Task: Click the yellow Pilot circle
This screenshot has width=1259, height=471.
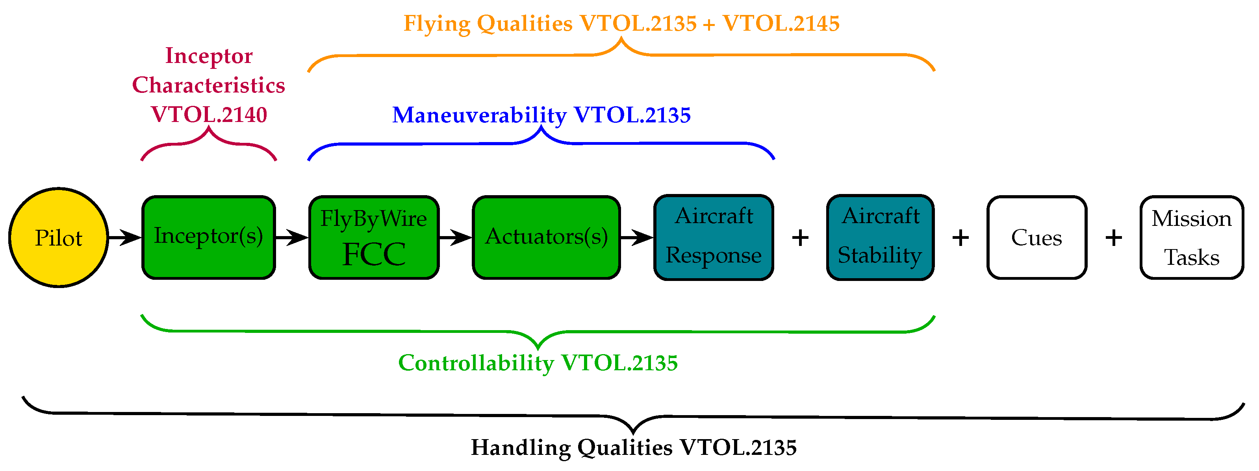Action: [x=59, y=237]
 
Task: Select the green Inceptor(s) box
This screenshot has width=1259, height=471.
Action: [x=209, y=237]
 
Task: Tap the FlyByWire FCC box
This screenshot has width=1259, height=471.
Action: [x=374, y=237]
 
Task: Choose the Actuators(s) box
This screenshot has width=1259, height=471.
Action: [x=547, y=237]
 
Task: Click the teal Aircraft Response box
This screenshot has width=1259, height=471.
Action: [x=714, y=237]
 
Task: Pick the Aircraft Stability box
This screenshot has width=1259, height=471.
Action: [x=880, y=237]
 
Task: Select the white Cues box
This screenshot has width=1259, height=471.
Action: [x=1036, y=237]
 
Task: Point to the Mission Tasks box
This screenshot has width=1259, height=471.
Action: [x=1192, y=237]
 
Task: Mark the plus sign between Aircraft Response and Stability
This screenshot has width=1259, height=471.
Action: [x=800, y=238]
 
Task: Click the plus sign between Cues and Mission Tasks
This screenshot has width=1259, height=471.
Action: [x=1114, y=238]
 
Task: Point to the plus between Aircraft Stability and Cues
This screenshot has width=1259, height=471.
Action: [x=960, y=238]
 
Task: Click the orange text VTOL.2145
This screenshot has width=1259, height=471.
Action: [x=781, y=24]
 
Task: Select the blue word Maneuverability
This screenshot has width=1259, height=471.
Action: [x=479, y=115]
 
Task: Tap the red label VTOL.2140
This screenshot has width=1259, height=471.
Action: [x=209, y=115]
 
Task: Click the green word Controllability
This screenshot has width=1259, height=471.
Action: [x=476, y=363]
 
